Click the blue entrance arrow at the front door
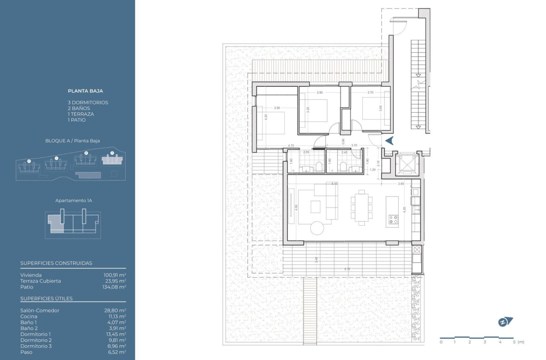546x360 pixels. coord(389,141)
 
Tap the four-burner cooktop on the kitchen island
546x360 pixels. coord(393,219)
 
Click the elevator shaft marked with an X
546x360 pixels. coord(406,165)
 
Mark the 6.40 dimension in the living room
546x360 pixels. coord(335,184)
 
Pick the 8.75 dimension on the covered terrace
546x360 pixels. coord(347,269)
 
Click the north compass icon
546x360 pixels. coord(505,322)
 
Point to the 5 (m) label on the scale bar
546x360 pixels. coord(517,342)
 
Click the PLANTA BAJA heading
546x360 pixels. coord(85,91)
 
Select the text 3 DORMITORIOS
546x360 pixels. coord(88,102)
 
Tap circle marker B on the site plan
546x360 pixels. coord(86,153)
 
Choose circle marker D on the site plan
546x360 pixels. coord(29,161)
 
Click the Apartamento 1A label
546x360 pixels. coord(73,200)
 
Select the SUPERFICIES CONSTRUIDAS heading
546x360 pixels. coord(56,263)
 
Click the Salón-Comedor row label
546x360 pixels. coord(40,310)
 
